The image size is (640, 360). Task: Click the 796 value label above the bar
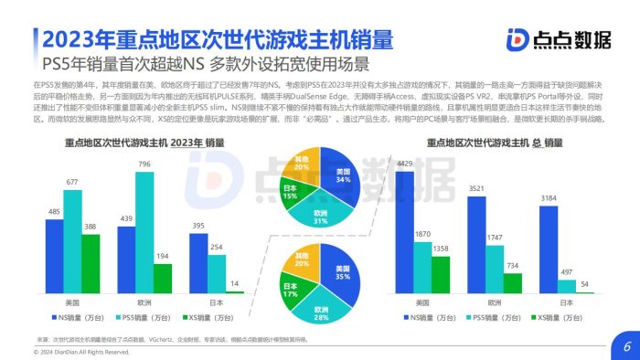[x=144, y=164]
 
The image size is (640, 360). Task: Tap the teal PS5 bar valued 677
[x=72, y=241]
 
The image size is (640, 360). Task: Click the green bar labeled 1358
[x=441, y=274]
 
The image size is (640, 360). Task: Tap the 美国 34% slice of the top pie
[x=340, y=178]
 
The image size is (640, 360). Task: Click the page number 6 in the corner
[x=627, y=346]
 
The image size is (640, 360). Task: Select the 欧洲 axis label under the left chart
[x=144, y=301]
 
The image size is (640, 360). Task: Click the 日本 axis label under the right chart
[x=566, y=301]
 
